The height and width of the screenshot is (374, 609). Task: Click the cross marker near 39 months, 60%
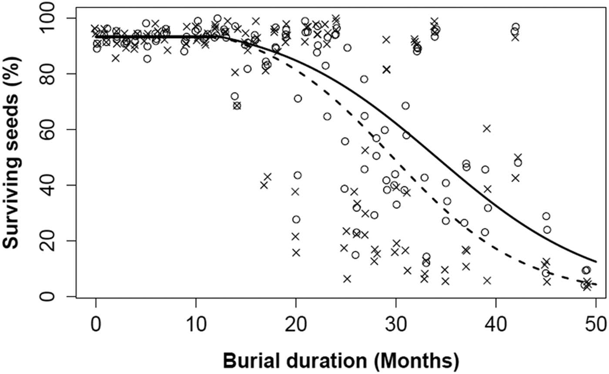point(487,128)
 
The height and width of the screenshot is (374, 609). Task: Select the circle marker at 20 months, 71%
point(298,98)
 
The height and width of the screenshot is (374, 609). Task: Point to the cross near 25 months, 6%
point(347,279)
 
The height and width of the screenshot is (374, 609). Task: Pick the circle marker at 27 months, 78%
point(364,79)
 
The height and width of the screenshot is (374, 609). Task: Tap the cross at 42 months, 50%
point(518,157)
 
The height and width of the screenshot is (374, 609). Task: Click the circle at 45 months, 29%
point(546,216)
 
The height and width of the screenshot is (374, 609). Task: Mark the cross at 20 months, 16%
point(296,253)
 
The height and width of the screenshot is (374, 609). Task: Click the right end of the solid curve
point(596,262)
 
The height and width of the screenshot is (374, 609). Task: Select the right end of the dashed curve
point(596,284)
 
